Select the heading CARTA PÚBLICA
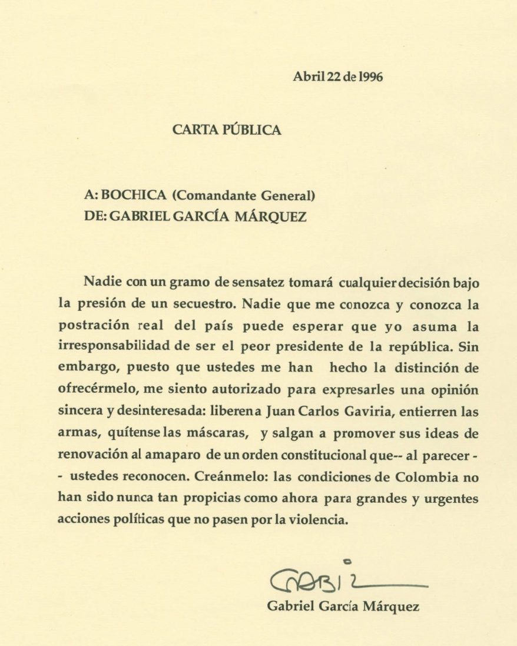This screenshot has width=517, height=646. coord(227,130)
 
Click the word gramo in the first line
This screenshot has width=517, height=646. coord(190,283)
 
